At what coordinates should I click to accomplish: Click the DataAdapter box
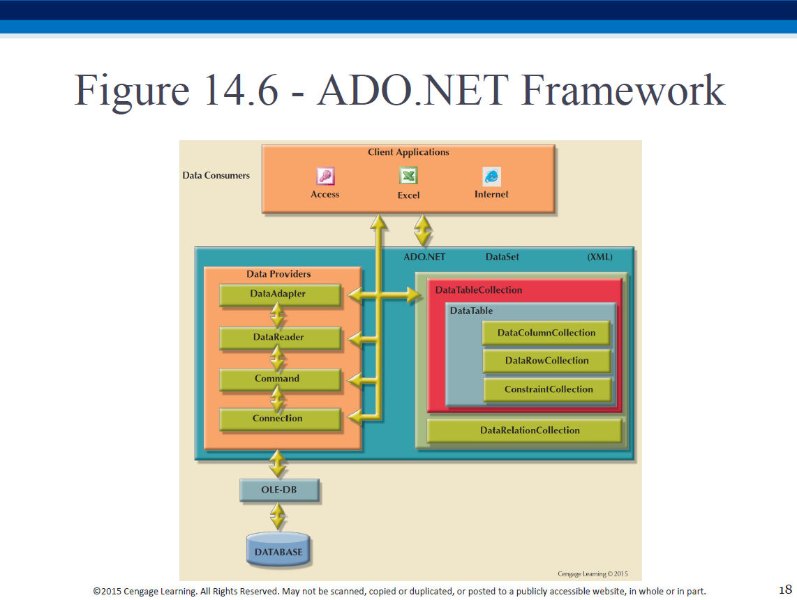click(280, 294)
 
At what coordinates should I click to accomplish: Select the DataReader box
click(280, 338)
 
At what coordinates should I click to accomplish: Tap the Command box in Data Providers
click(280, 379)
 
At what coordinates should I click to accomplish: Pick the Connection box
click(280, 419)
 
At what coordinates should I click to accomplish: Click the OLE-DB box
click(280, 490)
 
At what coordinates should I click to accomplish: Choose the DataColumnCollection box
click(546, 333)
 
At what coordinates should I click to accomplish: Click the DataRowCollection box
click(546, 361)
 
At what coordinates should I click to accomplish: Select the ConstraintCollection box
click(547, 390)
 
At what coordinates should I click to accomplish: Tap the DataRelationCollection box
click(524, 431)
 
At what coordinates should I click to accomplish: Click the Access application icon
click(325, 176)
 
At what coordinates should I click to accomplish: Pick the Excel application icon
click(408, 176)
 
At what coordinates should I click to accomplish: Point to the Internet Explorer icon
click(491, 177)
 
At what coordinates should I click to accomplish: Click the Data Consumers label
click(216, 175)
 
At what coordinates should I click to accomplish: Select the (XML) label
click(599, 257)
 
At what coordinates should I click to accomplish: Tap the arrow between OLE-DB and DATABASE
click(278, 516)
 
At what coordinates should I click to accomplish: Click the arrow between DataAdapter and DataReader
click(277, 315)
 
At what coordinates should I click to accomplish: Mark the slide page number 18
click(785, 590)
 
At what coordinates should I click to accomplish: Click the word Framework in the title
click(623, 91)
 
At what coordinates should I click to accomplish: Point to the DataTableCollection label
click(479, 290)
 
